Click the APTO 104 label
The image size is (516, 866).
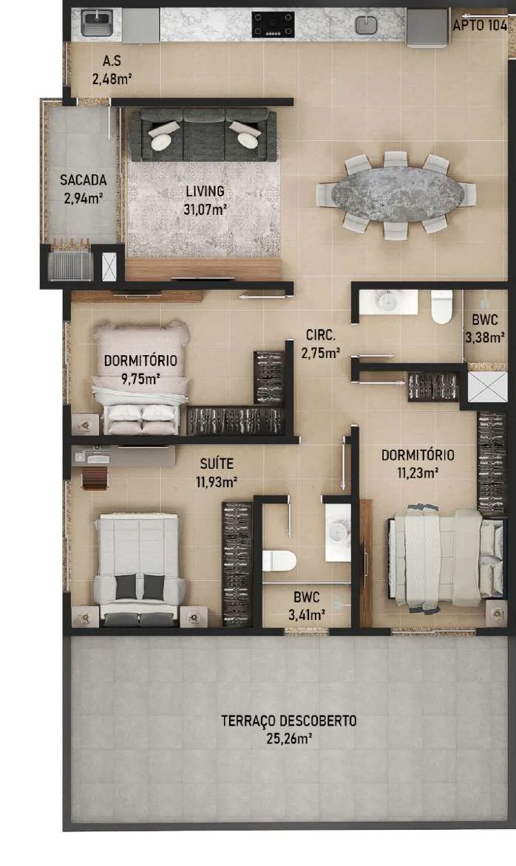pyautogui.click(x=480, y=25)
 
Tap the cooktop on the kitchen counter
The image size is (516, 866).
pyautogui.click(x=273, y=24)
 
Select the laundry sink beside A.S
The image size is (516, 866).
pyautogui.click(x=98, y=23)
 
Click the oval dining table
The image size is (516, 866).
pyautogui.click(x=398, y=194)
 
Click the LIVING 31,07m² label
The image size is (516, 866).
pyautogui.click(x=206, y=200)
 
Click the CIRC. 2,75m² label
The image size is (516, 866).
pyautogui.click(x=321, y=343)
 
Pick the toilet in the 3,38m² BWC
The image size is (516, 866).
pyautogui.click(x=442, y=307)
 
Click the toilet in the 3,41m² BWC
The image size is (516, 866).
pyautogui.click(x=279, y=560)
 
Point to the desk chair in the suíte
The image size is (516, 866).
pyautogui.click(x=95, y=478)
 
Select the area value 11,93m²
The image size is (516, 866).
pyautogui.click(x=217, y=482)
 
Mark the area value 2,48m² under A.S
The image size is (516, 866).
pyautogui.click(x=112, y=78)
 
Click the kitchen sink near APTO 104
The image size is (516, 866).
pyautogui.click(x=366, y=24)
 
